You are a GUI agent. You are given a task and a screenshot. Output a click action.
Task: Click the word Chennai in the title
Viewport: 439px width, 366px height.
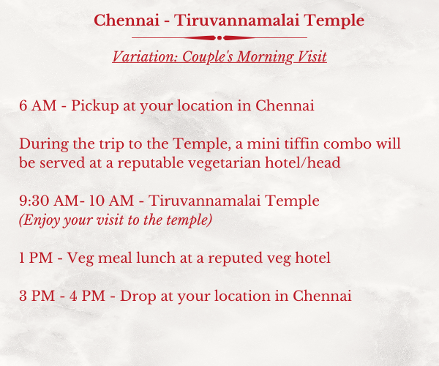(x=127, y=20)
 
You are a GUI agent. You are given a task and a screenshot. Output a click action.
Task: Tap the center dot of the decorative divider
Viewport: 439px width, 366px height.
(x=219, y=38)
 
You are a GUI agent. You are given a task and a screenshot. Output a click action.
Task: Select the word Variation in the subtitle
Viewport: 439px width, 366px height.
(x=145, y=56)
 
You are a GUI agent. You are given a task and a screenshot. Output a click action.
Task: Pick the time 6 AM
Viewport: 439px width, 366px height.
(x=38, y=105)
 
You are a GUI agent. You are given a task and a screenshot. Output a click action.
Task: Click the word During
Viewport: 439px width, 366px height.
(x=44, y=144)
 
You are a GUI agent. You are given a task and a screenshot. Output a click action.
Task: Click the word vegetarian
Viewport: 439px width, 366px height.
(x=224, y=163)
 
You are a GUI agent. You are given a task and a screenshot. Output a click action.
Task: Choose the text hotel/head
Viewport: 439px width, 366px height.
(x=303, y=163)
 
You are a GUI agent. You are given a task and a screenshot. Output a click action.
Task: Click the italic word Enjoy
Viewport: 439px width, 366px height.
(x=40, y=220)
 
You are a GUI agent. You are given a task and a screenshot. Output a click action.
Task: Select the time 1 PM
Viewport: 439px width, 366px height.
(x=36, y=258)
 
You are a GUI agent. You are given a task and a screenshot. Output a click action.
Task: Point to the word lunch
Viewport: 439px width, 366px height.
(x=156, y=258)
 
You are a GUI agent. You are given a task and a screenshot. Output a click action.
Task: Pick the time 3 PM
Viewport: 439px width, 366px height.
(x=37, y=296)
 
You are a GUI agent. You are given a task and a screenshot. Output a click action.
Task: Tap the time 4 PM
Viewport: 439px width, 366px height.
(x=87, y=296)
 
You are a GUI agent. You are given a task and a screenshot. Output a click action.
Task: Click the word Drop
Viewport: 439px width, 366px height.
(x=138, y=296)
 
